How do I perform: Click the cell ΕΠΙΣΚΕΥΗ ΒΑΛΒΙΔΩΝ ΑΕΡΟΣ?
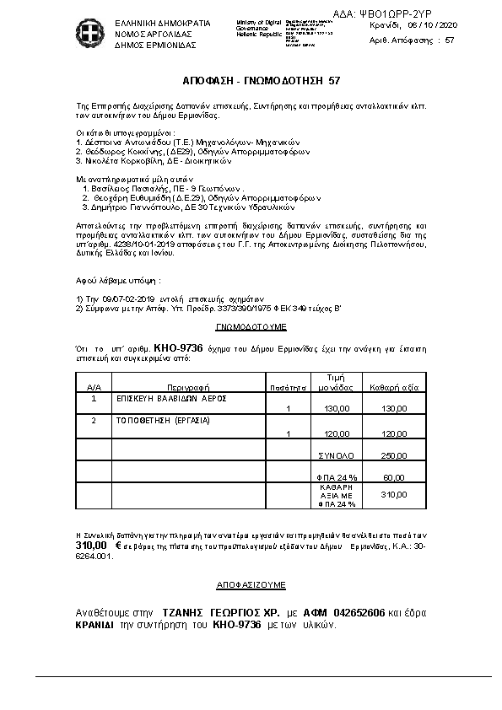point(161,397)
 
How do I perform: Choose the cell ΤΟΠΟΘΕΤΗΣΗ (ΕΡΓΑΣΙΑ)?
point(152,419)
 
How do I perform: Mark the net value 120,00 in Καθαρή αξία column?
point(394,433)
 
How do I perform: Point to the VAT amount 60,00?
point(394,478)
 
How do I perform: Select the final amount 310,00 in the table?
point(394,496)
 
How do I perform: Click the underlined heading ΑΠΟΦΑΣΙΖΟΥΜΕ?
point(251,584)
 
